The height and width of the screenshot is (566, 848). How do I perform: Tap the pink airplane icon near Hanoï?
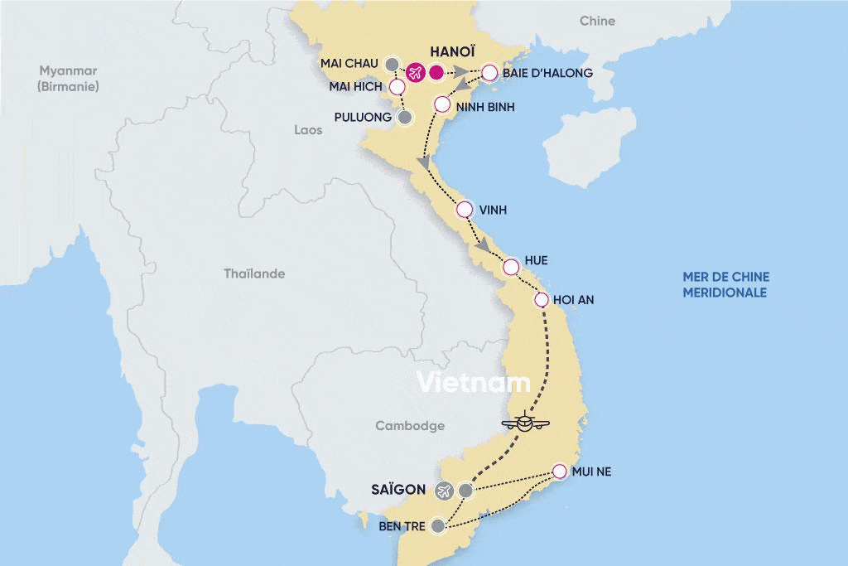415,73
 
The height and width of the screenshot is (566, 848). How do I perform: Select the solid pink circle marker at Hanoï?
437,73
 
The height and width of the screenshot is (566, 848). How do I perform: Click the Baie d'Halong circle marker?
489,73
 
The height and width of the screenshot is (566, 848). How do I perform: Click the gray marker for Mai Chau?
393,63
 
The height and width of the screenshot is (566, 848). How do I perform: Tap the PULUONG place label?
364,118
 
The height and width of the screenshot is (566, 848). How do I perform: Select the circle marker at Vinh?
464,210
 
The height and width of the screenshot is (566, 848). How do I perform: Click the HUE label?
536,260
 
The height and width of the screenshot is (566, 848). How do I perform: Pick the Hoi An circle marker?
542,300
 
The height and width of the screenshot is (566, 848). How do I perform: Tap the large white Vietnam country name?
473,382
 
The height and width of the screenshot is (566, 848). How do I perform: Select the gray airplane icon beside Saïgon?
444,491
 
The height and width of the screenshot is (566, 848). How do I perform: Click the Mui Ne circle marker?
559,472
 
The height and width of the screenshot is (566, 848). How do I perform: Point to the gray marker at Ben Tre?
438,525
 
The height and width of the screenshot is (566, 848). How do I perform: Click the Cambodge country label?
410,426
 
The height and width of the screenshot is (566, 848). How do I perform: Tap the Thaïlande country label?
254,273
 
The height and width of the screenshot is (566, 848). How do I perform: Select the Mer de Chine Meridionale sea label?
725,284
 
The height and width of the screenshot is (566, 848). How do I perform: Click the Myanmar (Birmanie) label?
68,78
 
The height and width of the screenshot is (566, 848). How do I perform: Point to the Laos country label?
308,130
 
